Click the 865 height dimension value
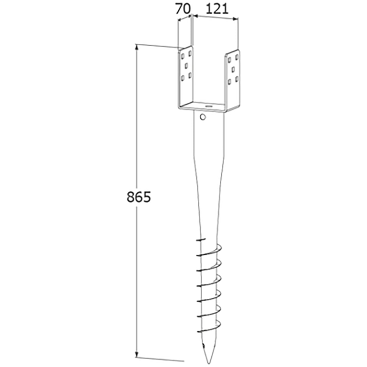[x=139, y=197]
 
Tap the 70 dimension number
[x=183, y=9]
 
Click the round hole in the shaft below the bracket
[x=202, y=117]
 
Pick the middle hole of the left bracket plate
[x=186, y=65]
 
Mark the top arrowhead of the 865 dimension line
[x=137, y=46]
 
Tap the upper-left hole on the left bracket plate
[x=183, y=56]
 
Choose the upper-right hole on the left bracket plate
[x=190, y=54]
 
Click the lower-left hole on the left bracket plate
[x=183, y=77]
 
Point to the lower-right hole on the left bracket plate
[x=190, y=75]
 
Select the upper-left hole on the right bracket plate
[x=229, y=59]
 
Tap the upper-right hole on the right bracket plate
[x=237, y=57]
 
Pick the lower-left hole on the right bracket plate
[x=229, y=80]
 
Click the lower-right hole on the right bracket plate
[x=237, y=78]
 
